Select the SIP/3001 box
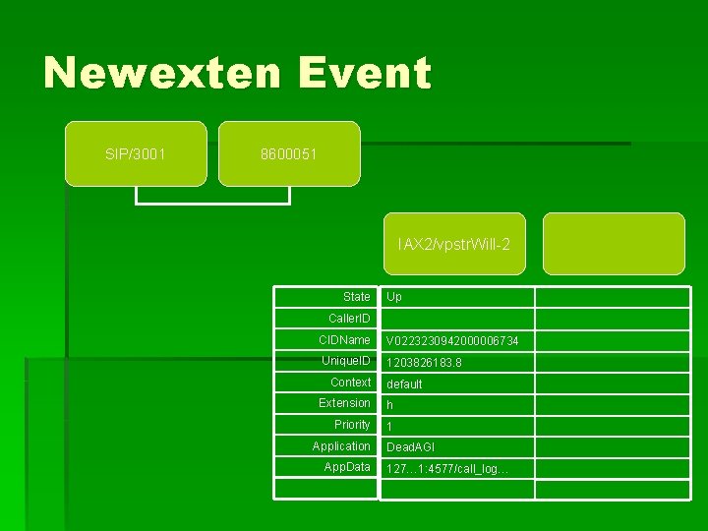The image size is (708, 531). pos(136,153)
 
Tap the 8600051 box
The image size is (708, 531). pos(288,153)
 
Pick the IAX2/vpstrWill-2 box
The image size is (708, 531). pos(453,243)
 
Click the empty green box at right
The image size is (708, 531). pos(614,243)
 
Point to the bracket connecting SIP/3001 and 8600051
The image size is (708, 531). pos(212,200)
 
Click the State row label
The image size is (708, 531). pos(356,297)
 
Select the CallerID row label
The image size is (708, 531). pos(349,319)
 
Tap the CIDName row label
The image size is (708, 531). pos(344,340)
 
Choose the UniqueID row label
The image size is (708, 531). pos(345,361)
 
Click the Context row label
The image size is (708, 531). pos(350,383)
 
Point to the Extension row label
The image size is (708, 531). pos(344,403)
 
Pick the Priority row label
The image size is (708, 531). pos(352,425)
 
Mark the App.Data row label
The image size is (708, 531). pos(347,467)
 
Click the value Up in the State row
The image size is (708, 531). pos(394,297)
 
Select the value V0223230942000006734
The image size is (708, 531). pos(452,341)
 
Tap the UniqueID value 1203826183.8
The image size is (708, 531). pos(424,363)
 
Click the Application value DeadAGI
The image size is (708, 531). pos(410,447)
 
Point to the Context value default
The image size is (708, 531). pos(404,384)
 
